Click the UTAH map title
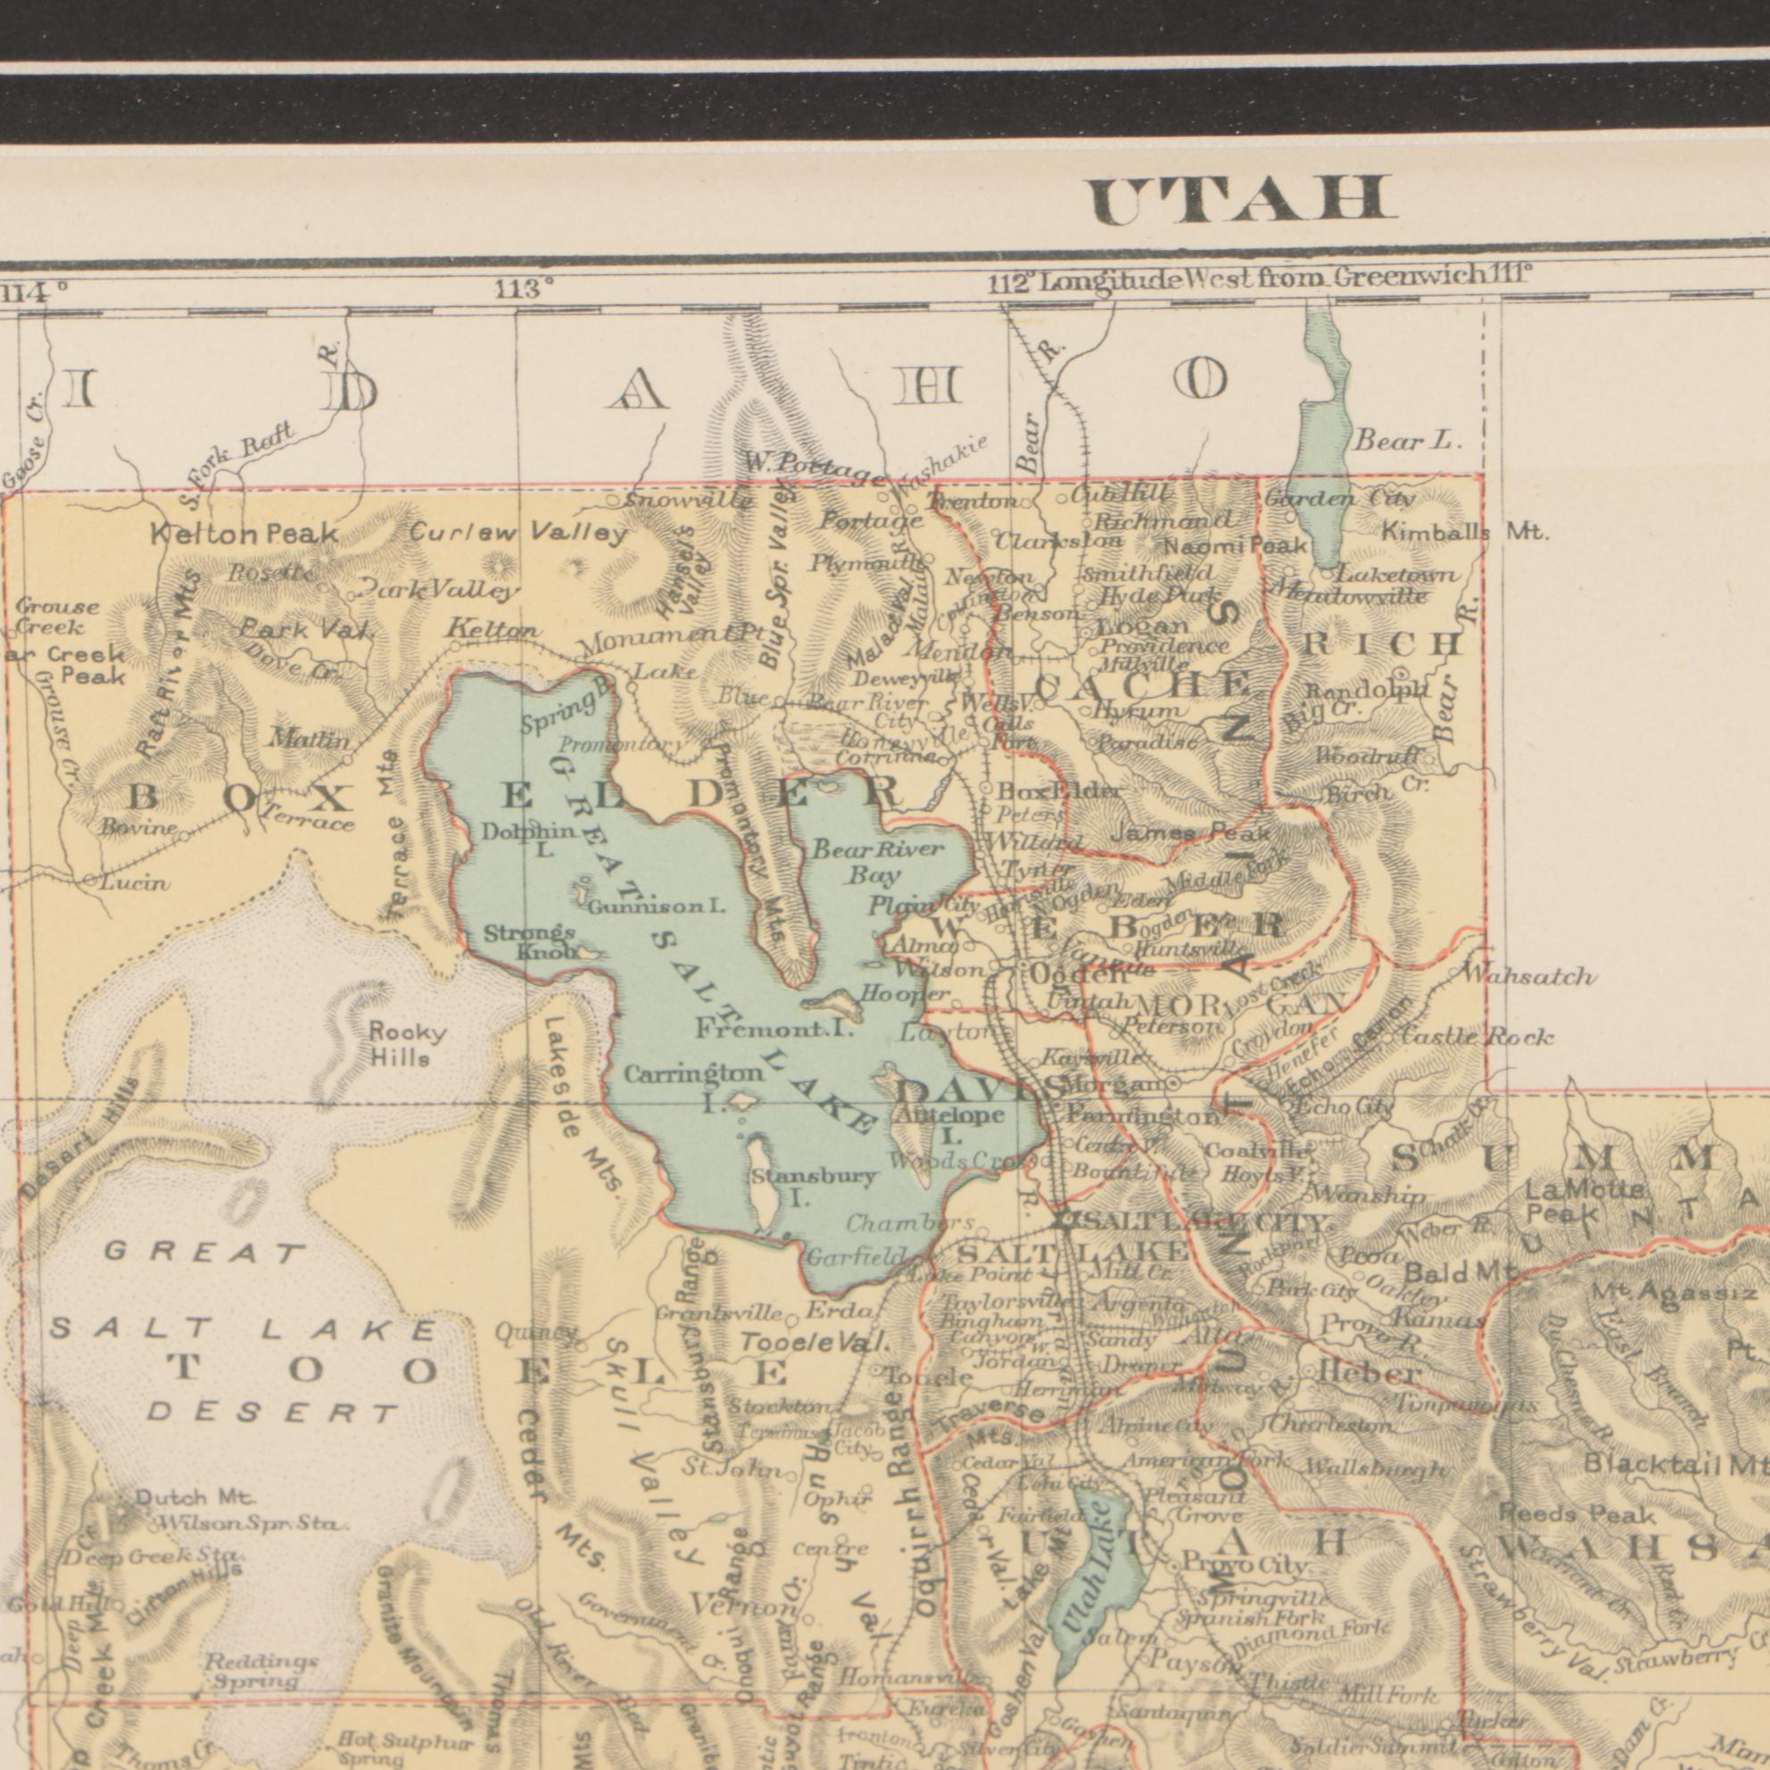[1245, 200]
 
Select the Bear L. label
[1407, 442]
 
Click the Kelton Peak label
[244, 534]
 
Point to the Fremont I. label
[774, 1030]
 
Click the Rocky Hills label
[406, 1046]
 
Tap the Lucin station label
[135, 883]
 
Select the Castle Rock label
[1476, 1037]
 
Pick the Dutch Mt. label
[195, 1497]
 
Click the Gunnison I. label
[657, 908]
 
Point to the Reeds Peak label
[1576, 1513]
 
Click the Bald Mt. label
[1460, 1273]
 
